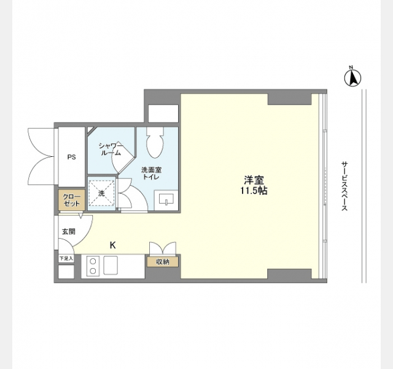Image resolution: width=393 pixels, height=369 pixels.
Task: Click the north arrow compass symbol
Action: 352,77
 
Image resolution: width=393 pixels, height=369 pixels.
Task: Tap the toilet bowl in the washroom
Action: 155,142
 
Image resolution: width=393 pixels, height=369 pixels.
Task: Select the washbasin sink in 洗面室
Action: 166,199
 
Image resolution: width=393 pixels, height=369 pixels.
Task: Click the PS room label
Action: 71,157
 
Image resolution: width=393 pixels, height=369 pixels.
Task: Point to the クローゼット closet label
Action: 71,200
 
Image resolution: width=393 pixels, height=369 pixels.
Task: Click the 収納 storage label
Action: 163,262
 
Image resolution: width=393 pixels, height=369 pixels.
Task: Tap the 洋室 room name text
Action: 254,180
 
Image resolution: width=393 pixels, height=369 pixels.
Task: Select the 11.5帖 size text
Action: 254,191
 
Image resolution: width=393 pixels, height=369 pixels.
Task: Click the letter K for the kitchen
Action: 113,245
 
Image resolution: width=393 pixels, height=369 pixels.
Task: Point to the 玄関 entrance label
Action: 69,231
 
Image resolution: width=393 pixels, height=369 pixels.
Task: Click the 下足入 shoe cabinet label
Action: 66,258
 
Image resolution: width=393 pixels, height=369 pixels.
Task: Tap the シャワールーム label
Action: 111,149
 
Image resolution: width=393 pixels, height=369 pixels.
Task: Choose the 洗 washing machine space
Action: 101,193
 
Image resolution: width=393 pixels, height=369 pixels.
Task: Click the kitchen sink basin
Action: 111,265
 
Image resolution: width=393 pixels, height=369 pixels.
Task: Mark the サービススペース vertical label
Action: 344,186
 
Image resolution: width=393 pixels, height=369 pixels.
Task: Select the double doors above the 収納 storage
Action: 163,248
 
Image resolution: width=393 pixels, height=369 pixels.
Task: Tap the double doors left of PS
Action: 41,157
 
